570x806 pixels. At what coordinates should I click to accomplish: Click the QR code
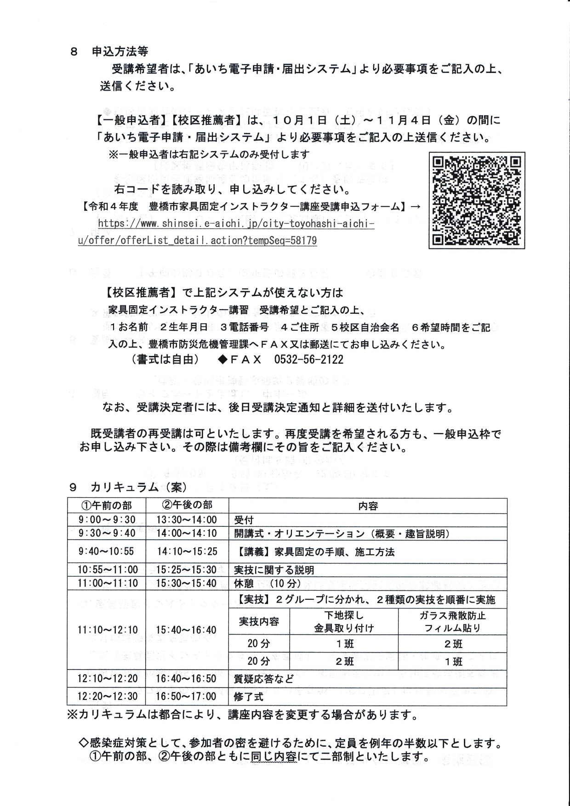point(477,201)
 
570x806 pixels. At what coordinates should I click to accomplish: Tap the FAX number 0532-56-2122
point(308,359)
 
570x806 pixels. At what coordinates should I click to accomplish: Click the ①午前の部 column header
point(107,506)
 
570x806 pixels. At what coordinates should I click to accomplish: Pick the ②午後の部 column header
point(187,505)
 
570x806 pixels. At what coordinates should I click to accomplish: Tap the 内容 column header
point(368,506)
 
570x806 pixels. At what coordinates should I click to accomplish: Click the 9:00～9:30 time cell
point(107,520)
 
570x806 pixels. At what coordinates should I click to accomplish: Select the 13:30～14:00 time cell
point(187,520)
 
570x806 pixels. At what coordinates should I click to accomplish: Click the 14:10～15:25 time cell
point(187,552)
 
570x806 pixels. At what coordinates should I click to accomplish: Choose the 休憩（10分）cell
point(267,584)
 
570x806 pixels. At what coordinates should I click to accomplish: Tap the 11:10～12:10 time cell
point(107,630)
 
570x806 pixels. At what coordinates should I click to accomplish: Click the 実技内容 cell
point(259,622)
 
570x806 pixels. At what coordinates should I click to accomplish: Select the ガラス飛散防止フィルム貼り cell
point(452,622)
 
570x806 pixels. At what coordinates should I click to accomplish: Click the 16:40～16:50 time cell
point(187,678)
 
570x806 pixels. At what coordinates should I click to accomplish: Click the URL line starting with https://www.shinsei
point(236,224)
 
